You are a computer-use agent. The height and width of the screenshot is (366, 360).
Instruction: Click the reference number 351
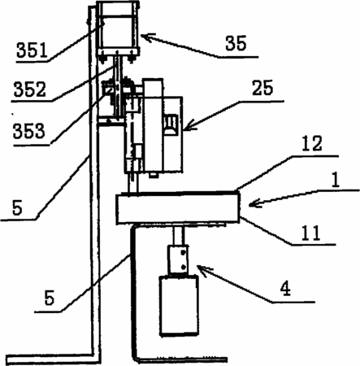(32, 50)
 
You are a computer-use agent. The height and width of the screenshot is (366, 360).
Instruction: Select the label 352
(30, 89)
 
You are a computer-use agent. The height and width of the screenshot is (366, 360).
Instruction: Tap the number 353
(28, 131)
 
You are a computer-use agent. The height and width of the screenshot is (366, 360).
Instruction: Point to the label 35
(236, 43)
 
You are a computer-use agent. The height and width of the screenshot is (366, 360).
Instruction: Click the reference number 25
(262, 88)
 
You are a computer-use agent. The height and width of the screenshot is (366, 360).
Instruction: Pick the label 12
(312, 143)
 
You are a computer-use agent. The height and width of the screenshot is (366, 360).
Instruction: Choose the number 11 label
(310, 233)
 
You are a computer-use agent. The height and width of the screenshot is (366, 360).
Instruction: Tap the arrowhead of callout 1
(254, 203)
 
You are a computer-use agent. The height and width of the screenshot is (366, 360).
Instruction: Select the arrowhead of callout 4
(204, 271)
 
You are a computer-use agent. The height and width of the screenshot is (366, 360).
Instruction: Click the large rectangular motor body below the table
(179, 306)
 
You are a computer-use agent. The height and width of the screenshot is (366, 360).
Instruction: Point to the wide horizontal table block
(178, 207)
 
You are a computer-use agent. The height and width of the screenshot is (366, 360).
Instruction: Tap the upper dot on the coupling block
(184, 252)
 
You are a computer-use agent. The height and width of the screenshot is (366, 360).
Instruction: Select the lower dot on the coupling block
(184, 267)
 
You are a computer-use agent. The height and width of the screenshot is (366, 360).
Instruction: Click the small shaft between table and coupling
(179, 235)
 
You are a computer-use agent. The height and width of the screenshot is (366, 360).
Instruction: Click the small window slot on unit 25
(170, 124)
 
